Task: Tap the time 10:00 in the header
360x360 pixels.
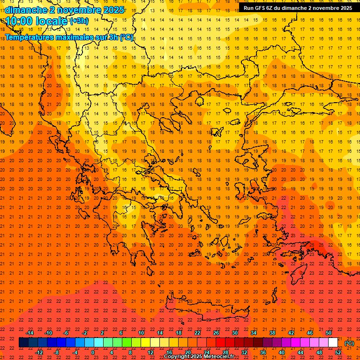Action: (x=21, y=21)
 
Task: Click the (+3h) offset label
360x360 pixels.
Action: (x=79, y=21)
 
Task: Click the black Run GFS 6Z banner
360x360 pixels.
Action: (x=298, y=8)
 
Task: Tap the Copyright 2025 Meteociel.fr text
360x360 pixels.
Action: (x=199, y=357)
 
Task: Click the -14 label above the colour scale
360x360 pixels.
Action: (x=30, y=333)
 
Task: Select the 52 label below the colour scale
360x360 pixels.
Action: (x=338, y=352)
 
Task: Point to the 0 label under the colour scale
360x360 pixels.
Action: (x=93, y=352)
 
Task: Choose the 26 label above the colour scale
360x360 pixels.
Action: (x=216, y=333)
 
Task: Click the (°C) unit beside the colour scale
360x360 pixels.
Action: (x=349, y=343)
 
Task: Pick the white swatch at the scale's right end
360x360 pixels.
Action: (x=333, y=343)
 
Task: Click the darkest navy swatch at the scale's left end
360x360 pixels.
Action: (x=23, y=343)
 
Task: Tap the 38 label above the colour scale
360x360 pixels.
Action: (x=272, y=333)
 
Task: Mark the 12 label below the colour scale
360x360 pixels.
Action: (x=150, y=352)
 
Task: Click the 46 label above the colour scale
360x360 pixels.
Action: (x=310, y=333)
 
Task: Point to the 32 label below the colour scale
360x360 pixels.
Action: (x=244, y=352)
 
